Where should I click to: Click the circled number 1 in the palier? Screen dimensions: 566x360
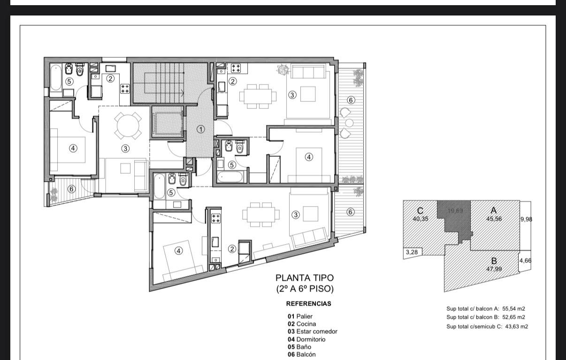[x=200, y=130]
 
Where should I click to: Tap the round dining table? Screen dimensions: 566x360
[x=128, y=126]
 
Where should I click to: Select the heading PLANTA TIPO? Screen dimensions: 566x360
[x=305, y=278]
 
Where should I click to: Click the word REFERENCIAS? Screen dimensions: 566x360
[x=308, y=303]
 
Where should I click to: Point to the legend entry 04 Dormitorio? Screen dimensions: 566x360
[x=306, y=339]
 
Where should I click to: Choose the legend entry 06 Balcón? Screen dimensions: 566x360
[x=301, y=354]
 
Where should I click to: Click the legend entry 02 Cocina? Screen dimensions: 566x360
[x=302, y=323]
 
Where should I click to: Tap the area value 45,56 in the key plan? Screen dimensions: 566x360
[x=494, y=219]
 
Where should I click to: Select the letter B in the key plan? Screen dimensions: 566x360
[x=494, y=260]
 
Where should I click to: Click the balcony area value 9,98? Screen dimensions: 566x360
[x=526, y=219]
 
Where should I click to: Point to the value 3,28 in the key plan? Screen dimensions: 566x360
[x=412, y=252]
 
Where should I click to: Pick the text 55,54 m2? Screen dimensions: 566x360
[x=514, y=308]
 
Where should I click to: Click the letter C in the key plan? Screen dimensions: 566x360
[x=420, y=210]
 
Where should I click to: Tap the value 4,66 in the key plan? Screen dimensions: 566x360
[x=525, y=260]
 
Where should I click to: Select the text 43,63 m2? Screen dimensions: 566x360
[x=516, y=326]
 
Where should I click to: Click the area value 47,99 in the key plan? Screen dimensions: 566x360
[x=494, y=269]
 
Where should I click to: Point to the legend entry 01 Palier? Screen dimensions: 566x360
[x=300, y=316]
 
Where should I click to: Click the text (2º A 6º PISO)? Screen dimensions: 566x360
[x=305, y=289]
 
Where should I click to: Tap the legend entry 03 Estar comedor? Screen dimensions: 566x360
[x=312, y=331]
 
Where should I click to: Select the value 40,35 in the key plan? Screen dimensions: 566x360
[x=421, y=219]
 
